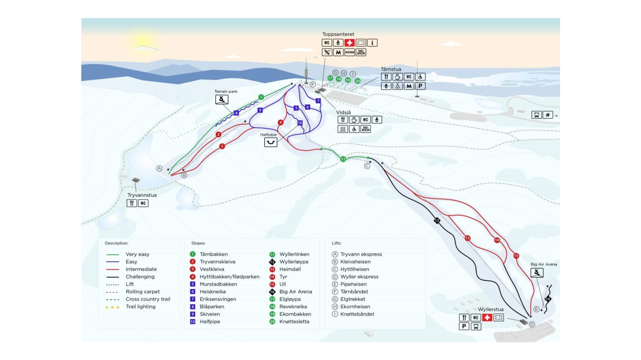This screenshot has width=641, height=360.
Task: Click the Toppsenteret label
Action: [x=338, y=34]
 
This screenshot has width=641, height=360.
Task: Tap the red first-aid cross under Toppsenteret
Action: [x=349, y=43]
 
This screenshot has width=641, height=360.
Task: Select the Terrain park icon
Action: [x=222, y=99]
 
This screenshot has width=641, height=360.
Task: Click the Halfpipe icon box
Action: [x=271, y=142]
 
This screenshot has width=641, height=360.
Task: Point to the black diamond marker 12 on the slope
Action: [x=437, y=221]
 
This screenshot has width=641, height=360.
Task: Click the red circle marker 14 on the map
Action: [x=497, y=240]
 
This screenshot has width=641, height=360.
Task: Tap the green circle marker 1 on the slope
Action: [x=261, y=97]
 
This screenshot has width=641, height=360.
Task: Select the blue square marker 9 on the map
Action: [x=260, y=110]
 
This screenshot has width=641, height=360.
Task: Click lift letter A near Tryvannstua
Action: [x=159, y=168]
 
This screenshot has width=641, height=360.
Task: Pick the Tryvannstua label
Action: [x=142, y=195]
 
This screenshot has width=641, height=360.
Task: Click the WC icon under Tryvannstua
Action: [x=143, y=203]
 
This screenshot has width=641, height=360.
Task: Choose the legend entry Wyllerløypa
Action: [x=294, y=262]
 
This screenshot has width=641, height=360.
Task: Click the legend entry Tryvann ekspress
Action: [x=361, y=254]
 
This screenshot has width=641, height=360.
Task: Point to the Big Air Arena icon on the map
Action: [x=537, y=273]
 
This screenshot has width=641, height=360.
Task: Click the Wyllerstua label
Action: [x=491, y=310]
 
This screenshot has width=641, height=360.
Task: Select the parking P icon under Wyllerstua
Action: [x=464, y=326]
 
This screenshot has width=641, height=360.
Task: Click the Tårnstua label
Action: [x=391, y=69]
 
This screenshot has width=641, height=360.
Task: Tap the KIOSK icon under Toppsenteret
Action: [x=349, y=52]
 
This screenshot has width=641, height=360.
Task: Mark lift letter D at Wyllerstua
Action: [x=532, y=324]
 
